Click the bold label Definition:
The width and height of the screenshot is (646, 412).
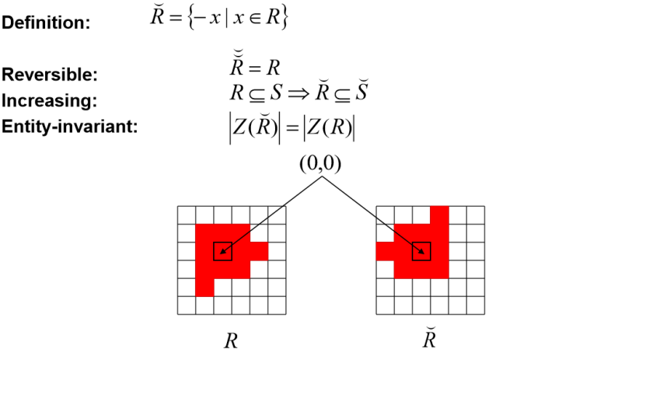pyautogui.click(x=46, y=23)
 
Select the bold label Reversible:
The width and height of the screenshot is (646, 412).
pyautogui.click(x=49, y=75)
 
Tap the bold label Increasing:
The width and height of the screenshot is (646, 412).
pyautogui.click(x=49, y=101)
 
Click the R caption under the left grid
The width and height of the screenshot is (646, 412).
pyautogui.click(x=231, y=341)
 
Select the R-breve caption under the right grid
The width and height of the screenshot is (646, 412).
pyautogui.click(x=429, y=340)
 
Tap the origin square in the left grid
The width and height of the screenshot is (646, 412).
pyautogui.click(x=222, y=251)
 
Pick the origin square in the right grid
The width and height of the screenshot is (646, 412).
pyautogui.click(x=421, y=251)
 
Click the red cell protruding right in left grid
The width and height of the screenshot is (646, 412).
pyautogui.click(x=259, y=251)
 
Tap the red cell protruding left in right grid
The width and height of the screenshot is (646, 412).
pyautogui.click(x=385, y=251)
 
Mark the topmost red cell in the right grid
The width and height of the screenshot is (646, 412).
pyautogui.click(x=439, y=215)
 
